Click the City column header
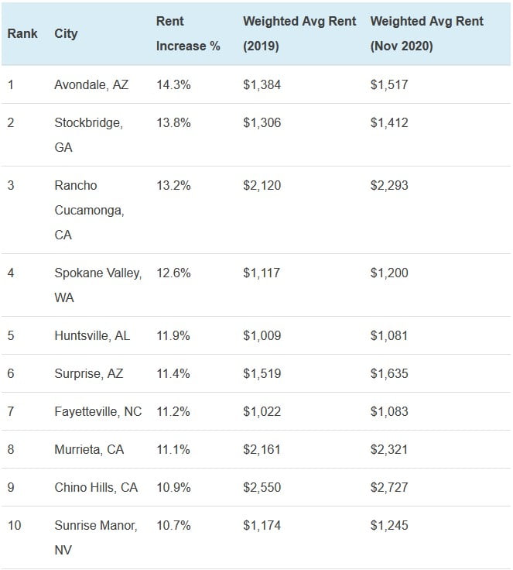click(x=67, y=34)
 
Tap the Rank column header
click(x=22, y=34)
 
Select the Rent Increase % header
click(x=188, y=34)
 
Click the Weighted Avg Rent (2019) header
click(x=299, y=34)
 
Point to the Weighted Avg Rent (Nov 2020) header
click(x=427, y=34)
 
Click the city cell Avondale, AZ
click(x=91, y=84)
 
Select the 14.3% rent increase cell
click(x=173, y=84)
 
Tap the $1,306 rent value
click(x=261, y=122)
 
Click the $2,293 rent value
click(x=389, y=185)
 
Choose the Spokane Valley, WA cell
click(x=97, y=285)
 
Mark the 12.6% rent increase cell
click(x=173, y=273)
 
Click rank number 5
click(x=11, y=335)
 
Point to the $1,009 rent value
click(x=262, y=335)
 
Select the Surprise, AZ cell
click(x=89, y=373)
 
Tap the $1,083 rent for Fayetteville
click(x=388, y=411)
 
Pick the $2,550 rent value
click(x=262, y=487)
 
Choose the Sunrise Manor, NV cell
click(x=96, y=537)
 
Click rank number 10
click(x=15, y=525)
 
